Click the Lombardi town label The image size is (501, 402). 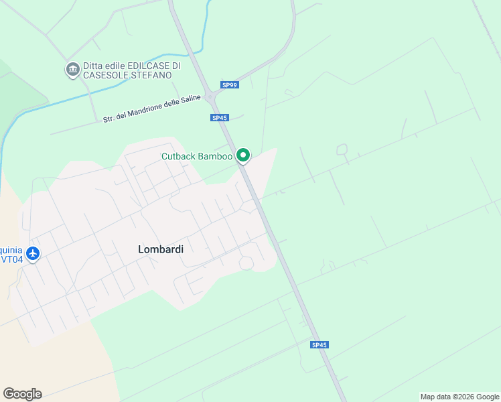[x=161, y=249]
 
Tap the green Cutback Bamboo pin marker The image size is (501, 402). [x=243, y=156]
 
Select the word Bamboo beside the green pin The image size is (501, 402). [x=217, y=157]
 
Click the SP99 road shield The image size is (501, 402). [x=230, y=85]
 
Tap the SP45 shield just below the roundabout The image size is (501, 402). [x=219, y=118]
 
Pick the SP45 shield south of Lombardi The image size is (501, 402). [x=319, y=344]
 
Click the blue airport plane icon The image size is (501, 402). [x=32, y=254]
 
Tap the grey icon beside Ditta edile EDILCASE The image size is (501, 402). [x=72, y=69]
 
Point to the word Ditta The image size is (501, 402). [x=94, y=66]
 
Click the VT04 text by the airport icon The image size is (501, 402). [x=11, y=259]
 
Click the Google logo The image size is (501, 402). [x=22, y=393]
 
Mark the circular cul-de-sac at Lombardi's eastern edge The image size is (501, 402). [x=246, y=263]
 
